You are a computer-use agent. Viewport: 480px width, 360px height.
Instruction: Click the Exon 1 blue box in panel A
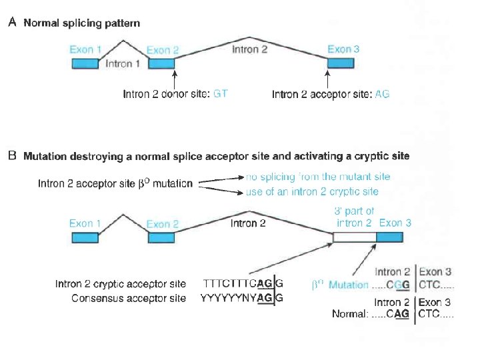(x=86, y=63)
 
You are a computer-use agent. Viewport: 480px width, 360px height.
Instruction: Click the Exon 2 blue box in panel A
(x=161, y=63)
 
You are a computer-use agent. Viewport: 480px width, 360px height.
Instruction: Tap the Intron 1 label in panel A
(x=123, y=64)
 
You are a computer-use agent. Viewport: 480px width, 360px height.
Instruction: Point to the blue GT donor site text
(x=220, y=94)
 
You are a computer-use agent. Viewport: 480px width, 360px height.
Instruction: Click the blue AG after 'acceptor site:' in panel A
(x=382, y=94)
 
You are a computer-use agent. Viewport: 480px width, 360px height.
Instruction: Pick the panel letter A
(x=12, y=23)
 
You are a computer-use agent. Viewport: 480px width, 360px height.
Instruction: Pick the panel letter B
(x=12, y=156)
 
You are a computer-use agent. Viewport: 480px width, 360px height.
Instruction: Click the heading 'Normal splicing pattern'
(x=82, y=23)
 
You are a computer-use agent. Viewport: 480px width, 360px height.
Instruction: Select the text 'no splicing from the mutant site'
(x=317, y=177)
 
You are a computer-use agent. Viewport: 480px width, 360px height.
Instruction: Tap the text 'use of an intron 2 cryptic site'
(x=311, y=191)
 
